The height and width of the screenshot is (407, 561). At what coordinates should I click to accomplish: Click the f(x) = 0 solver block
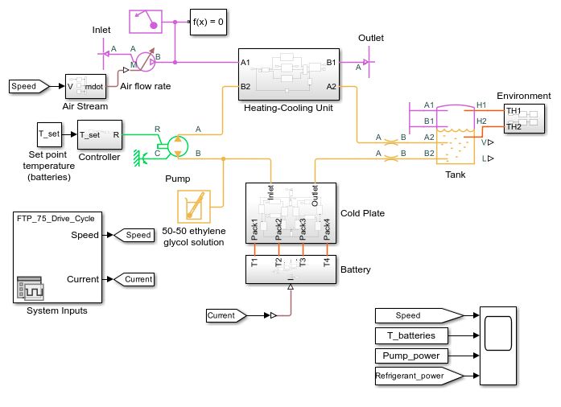(208, 22)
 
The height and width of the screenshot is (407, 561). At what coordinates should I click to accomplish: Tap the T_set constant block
(49, 134)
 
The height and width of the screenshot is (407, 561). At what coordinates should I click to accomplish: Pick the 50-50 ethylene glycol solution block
(193, 207)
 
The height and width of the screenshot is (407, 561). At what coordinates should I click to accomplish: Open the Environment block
(523, 118)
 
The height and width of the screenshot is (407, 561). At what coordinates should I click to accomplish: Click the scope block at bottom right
(501, 344)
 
